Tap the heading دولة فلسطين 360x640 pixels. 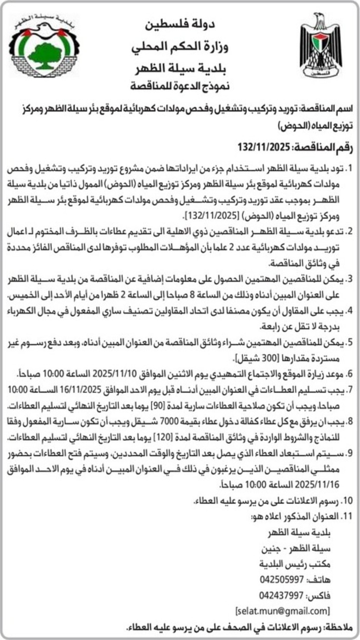(x=180, y=24)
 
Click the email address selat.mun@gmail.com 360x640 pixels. (x=282, y=610)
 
